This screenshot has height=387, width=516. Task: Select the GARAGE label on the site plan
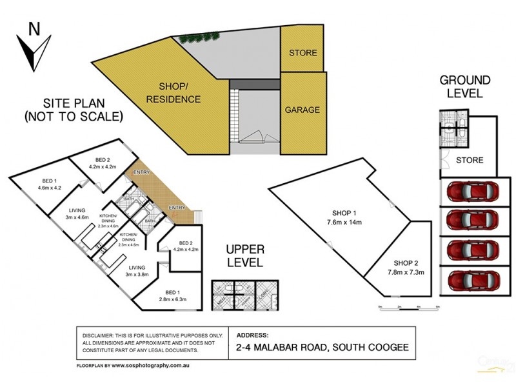click(x=303, y=110)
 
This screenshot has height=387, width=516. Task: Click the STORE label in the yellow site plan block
click(x=303, y=52)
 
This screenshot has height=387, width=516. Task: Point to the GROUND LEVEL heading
click(x=465, y=86)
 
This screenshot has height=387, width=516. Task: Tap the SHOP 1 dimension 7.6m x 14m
click(x=344, y=223)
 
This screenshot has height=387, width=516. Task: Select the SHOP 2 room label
click(x=407, y=263)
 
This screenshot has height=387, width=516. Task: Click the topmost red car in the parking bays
click(x=473, y=192)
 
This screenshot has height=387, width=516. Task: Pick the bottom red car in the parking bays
click(x=473, y=280)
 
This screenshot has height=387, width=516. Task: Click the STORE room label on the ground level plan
click(x=470, y=160)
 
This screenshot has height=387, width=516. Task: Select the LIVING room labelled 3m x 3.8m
click(x=137, y=271)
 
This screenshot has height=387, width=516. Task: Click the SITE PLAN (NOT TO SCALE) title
click(x=73, y=110)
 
